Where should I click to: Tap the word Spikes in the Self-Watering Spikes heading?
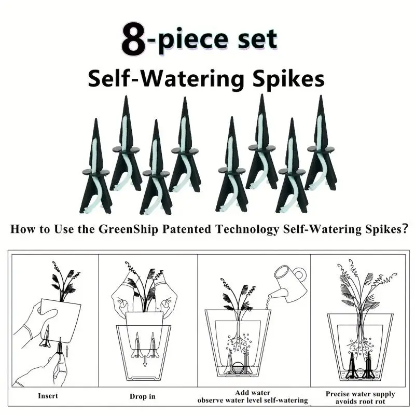[x=289, y=79]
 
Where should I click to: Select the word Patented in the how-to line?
[x=187, y=229]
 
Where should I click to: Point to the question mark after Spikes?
[x=404, y=228]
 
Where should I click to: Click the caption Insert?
[x=48, y=396]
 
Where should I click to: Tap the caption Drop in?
[x=142, y=396]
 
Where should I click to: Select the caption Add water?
[x=253, y=393]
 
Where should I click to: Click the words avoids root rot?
[x=360, y=402]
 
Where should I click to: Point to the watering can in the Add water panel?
[x=288, y=283]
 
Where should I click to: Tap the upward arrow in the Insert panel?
[x=67, y=351]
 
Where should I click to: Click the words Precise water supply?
[x=360, y=394]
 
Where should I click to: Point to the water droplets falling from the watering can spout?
[x=268, y=303]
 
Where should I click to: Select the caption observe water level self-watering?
[x=253, y=400]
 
